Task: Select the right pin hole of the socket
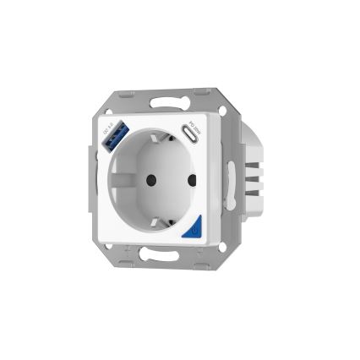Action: pos(189,180)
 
